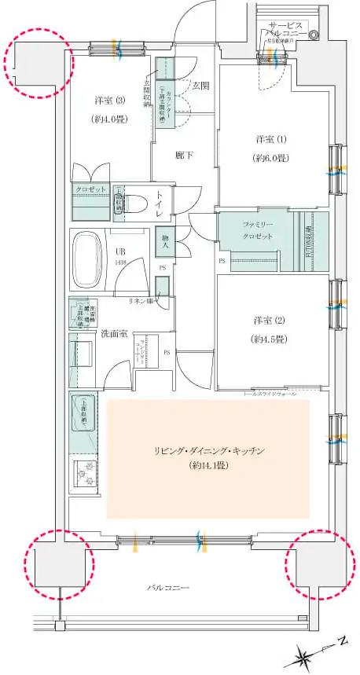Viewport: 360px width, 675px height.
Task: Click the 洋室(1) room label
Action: (x=266, y=139)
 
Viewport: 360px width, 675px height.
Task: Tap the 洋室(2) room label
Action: (x=264, y=321)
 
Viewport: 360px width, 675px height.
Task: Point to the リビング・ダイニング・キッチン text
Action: (x=208, y=450)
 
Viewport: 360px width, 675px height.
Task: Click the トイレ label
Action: (x=159, y=204)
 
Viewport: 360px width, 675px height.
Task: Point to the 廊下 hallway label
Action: (x=184, y=155)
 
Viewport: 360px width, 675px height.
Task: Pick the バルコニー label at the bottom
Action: (x=168, y=587)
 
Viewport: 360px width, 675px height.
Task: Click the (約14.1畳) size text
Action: (x=208, y=466)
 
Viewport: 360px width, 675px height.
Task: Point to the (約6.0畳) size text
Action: (x=266, y=157)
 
